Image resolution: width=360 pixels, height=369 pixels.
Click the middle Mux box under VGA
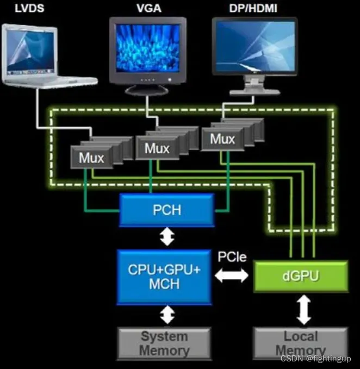[156, 148]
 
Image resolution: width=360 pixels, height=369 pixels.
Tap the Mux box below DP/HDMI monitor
[222, 139]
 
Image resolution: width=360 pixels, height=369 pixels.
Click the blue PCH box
[167, 210]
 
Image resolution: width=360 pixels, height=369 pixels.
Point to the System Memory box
[164, 343]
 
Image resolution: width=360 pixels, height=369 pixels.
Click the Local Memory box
[300, 343]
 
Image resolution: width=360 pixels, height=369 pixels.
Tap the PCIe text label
[232, 257]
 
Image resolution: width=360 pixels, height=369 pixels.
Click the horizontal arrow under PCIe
[232, 277]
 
